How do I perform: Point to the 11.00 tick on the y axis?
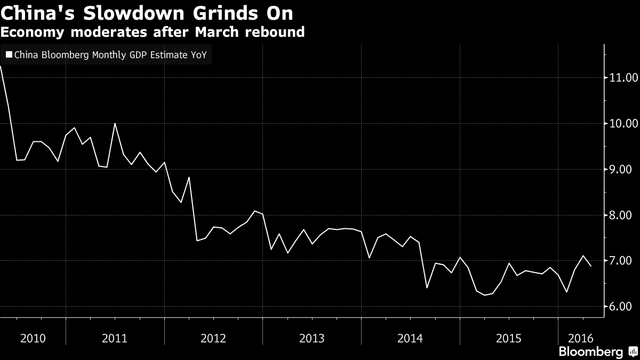[623, 78]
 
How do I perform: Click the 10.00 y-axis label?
[623, 123]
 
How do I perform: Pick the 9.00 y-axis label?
[623, 169]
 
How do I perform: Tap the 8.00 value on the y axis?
[623, 215]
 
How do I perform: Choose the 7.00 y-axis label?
[623, 261]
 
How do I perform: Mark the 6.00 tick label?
[623, 307]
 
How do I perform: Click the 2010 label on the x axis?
[33, 338]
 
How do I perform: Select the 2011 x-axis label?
[115, 338]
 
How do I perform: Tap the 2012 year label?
[213, 338]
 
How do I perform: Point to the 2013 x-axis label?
[312, 338]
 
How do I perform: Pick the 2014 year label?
[411, 338]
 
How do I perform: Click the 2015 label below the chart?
[509, 338]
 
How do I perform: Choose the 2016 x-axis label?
[580, 338]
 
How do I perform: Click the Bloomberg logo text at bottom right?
[590, 352]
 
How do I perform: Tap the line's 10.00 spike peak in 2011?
[115, 124]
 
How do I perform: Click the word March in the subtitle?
[214, 32]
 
